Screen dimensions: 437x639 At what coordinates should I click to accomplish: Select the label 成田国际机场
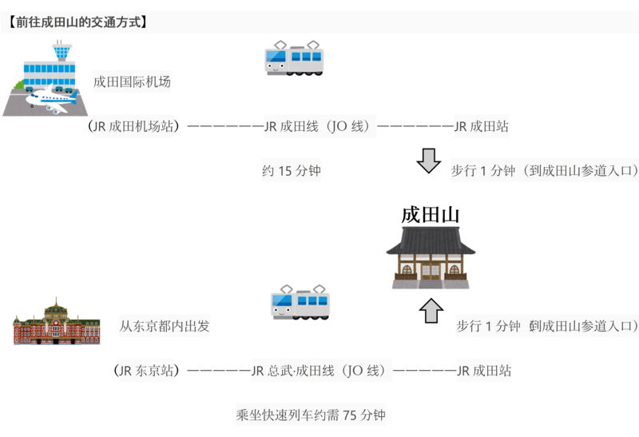132,81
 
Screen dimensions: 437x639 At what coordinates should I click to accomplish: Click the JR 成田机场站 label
133,126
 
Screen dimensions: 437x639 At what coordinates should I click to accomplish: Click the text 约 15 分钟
292,170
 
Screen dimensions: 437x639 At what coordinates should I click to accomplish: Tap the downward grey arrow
429,161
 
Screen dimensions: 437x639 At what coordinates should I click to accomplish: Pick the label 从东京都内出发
165,326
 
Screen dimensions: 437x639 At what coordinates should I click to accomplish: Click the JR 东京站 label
145,371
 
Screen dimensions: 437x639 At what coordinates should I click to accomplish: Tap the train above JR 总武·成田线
300,302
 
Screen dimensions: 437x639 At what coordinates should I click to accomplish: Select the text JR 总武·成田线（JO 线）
322,371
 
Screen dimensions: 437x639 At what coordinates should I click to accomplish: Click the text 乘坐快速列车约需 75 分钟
311,415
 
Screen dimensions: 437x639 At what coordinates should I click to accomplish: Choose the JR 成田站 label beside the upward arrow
482,371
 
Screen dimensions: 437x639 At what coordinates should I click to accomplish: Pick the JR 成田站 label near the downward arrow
481,126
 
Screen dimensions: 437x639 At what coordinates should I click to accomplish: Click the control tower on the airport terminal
61,52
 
